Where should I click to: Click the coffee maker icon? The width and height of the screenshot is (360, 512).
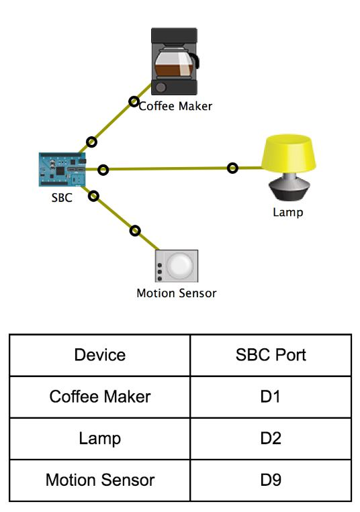[175, 61]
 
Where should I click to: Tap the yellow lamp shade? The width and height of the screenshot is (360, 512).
[288, 154]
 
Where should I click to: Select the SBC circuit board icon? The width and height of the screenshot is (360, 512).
[62, 170]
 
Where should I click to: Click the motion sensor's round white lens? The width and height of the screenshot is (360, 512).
[179, 266]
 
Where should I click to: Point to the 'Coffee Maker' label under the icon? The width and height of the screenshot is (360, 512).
[175, 106]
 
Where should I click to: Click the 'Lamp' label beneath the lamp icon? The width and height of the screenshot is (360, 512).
[288, 212]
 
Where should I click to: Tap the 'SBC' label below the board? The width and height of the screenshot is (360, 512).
[62, 198]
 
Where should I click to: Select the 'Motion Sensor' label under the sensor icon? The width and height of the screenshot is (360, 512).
[177, 293]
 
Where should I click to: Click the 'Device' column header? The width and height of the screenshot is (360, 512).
[99, 355]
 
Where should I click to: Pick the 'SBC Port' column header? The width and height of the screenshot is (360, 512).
[271, 355]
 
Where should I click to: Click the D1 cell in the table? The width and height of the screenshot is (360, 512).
[270, 397]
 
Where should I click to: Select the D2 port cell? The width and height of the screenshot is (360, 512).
[271, 438]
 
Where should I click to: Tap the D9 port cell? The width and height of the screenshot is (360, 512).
[271, 480]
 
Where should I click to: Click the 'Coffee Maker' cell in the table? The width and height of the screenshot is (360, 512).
[100, 397]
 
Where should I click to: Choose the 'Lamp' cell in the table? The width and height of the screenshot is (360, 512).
[99, 439]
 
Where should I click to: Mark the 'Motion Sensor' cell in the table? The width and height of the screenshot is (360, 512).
[100, 480]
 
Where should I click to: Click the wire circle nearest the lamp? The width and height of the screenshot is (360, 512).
[232, 168]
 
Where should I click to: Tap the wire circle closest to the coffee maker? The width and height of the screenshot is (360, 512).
[133, 101]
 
